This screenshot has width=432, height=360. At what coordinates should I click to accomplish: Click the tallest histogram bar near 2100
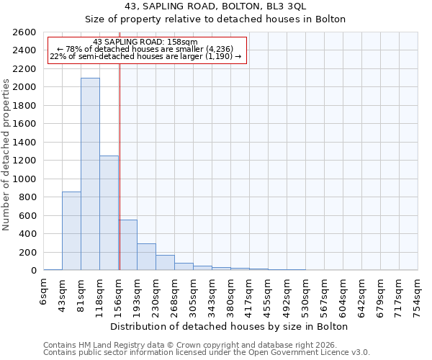click(x=90, y=174)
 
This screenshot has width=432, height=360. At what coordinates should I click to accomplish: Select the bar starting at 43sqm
click(x=71, y=230)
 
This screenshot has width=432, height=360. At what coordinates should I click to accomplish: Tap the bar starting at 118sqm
click(x=109, y=212)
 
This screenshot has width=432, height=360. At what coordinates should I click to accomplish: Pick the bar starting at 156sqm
click(x=127, y=245)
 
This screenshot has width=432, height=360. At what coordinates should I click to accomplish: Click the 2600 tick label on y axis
click(x=24, y=32)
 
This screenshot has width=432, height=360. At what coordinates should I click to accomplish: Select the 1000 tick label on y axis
click(x=24, y=179)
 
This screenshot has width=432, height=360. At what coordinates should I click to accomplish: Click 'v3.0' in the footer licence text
click(x=360, y=352)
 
